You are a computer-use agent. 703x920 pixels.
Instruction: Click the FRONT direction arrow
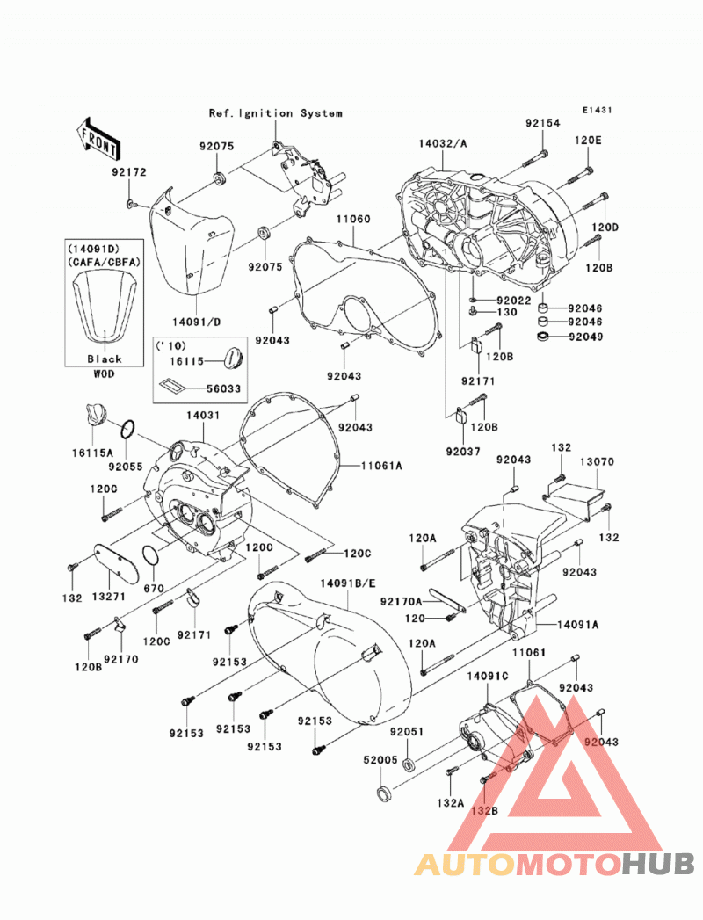(98, 140)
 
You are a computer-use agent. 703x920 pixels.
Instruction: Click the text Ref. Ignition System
(276, 113)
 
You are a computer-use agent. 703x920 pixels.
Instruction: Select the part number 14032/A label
(443, 143)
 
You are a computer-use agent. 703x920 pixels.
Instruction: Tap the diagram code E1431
(598, 110)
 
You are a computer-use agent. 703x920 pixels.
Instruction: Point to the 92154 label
(543, 123)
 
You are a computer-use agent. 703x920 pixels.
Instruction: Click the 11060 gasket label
(353, 220)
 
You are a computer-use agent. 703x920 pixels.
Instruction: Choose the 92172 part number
(130, 172)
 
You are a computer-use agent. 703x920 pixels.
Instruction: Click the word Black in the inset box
(105, 359)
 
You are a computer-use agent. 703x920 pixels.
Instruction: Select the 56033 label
(223, 388)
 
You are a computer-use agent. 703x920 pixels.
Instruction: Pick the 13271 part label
(109, 598)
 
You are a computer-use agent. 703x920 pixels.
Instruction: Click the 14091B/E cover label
(348, 583)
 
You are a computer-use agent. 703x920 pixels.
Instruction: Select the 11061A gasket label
(382, 466)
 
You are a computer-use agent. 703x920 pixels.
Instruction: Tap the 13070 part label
(598, 462)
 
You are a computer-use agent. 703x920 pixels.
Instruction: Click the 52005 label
(380, 759)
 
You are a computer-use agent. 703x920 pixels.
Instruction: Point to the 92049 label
(585, 337)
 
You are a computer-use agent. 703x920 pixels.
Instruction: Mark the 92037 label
(463, 452)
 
